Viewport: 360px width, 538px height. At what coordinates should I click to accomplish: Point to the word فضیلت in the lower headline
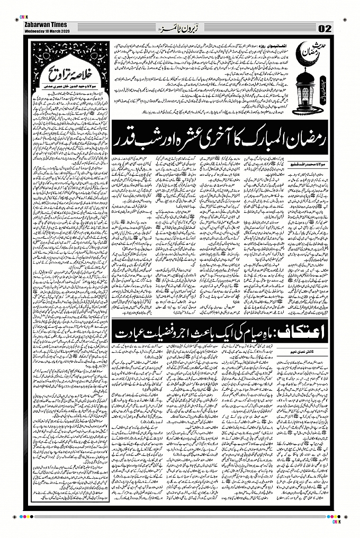point(160,336)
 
